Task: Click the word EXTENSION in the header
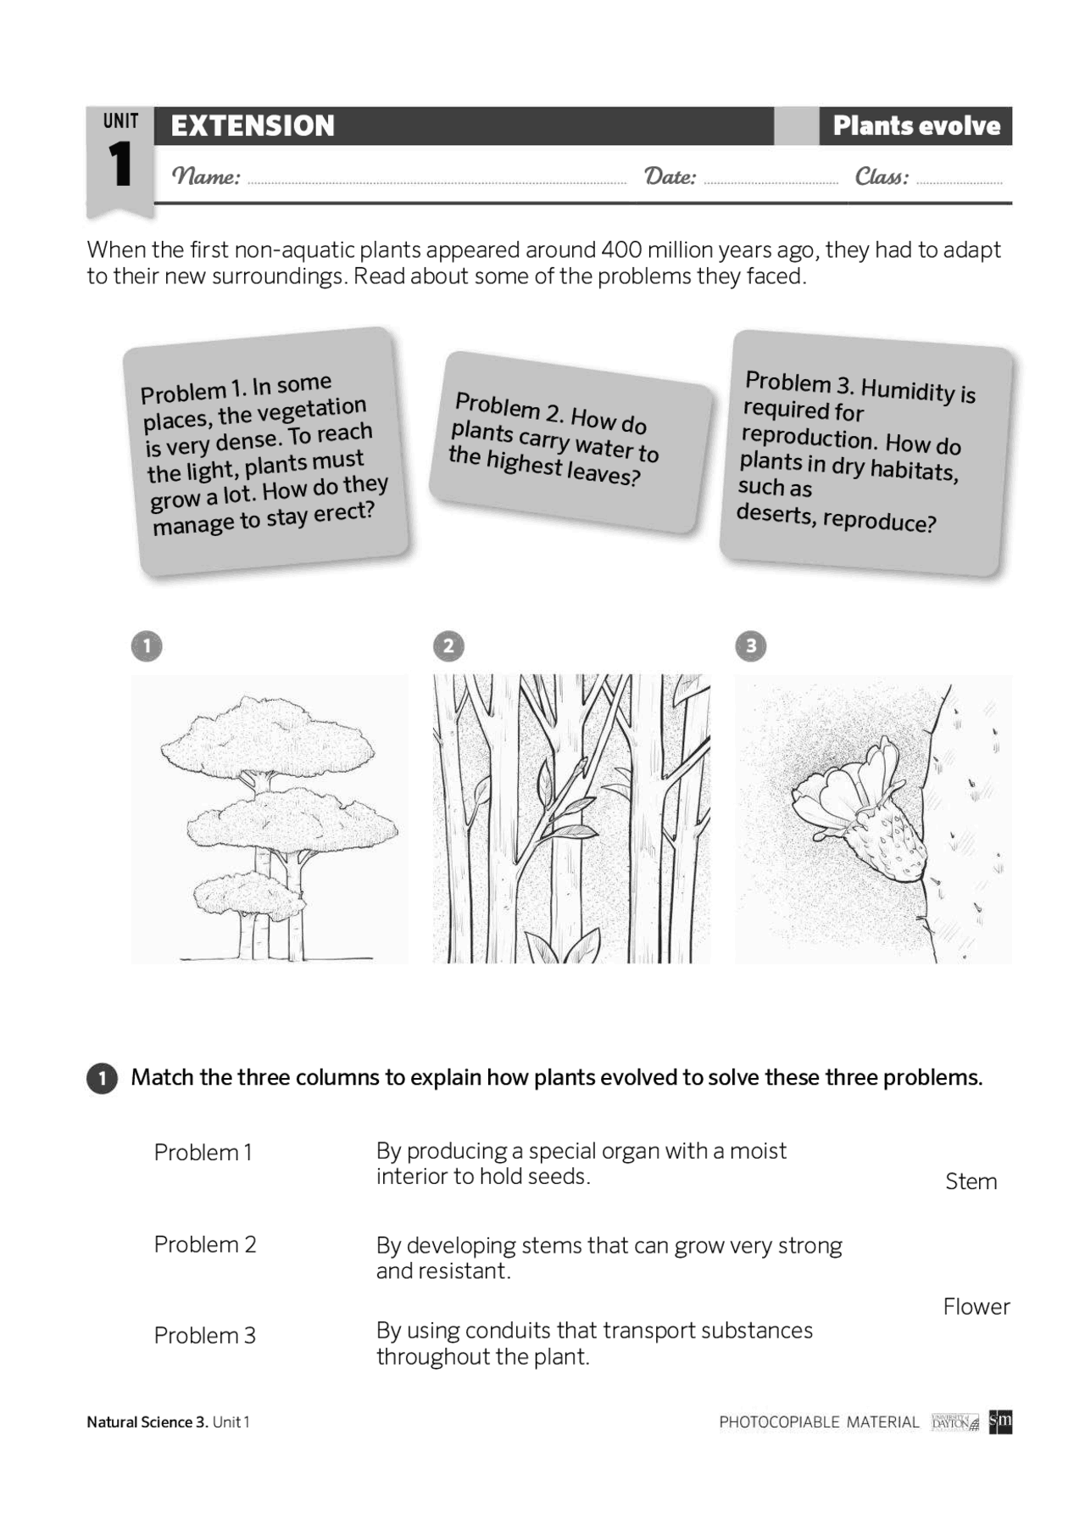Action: (x=253, y=126)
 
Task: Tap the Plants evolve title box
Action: (x=915, y=126)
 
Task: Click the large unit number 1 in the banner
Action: (x=120, y=165)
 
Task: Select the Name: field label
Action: (x=206, y=176)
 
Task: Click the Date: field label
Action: (x=670, y=176)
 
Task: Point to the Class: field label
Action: (x=882, y=176)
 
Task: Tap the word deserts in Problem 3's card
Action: (x=773, y=513)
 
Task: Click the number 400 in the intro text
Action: (x=620, y=250)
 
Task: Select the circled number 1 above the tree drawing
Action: (x=147, y=646)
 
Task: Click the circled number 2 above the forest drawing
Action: (x=448, y=646)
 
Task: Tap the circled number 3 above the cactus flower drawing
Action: (x=750, y=646)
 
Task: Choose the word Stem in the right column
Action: (x=971, y=1181)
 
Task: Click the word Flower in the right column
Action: (x=976, y=1307)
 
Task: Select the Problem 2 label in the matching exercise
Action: (x=204, y=1244)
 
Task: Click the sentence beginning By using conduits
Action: (x=593, y=1343)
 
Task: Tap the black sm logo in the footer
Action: (x=1000, y=1421)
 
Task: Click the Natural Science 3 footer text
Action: (x=147, y=1422)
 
